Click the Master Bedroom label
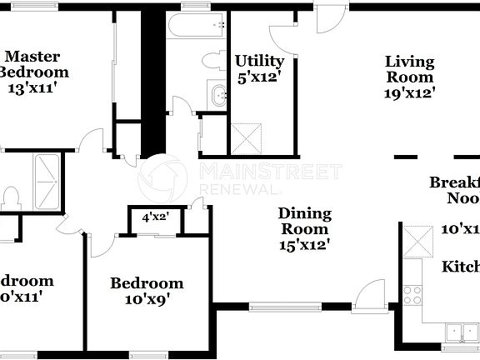(x=32, y=64)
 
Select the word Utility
(x=259, y=61)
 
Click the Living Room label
(x=409, y=68)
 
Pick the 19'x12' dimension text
(x=409, y=92)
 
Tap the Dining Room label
(x=304, y=221)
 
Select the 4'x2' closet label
(x=156, y=217)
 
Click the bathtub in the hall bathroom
(x=197, y=27)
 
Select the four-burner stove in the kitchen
(x=413, y=293)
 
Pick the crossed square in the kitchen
(x=419, y=242)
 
